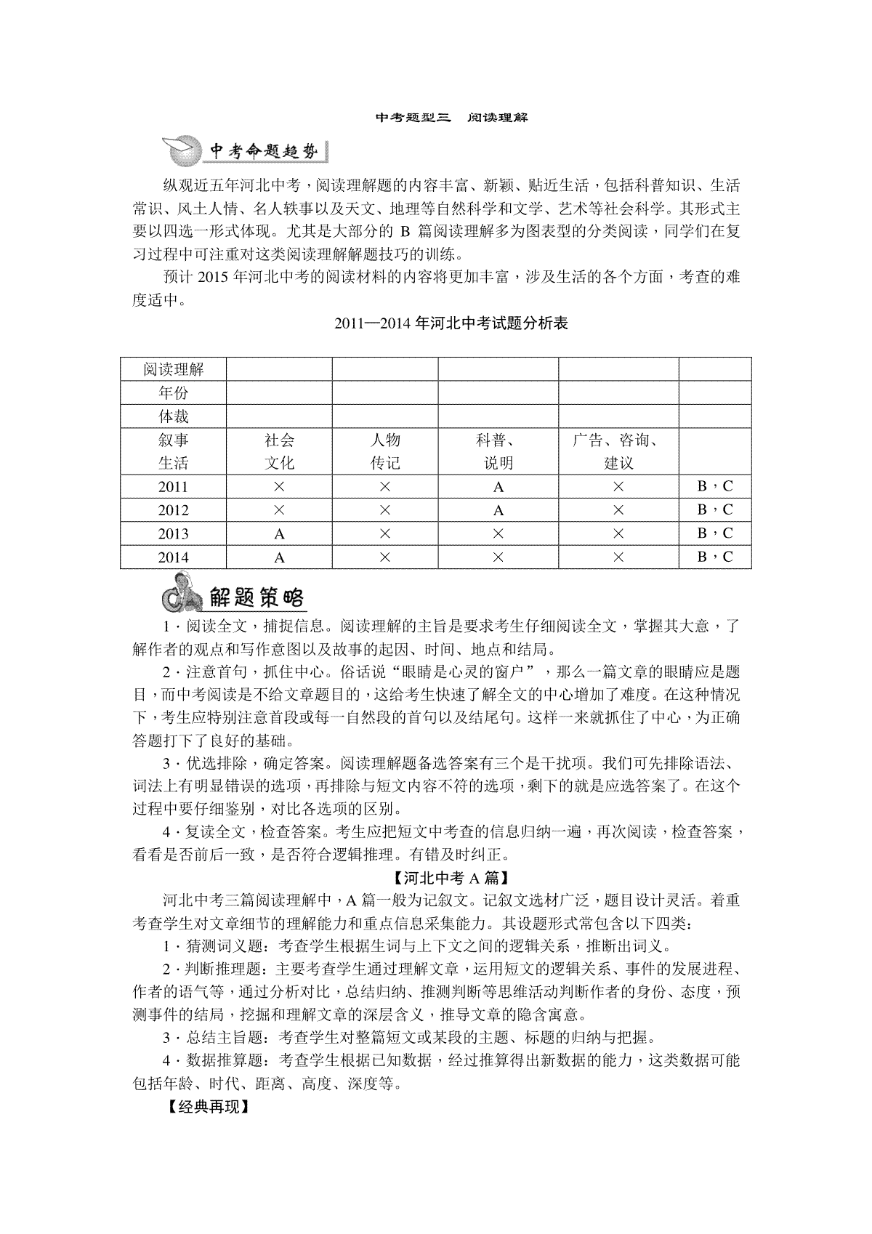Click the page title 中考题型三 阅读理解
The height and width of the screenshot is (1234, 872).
click(451, 117)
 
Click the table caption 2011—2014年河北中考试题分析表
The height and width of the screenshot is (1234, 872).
click(451, 324)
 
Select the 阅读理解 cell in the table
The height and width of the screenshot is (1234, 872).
click(173, 369)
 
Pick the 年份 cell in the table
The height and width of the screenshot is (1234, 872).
click(173, 393)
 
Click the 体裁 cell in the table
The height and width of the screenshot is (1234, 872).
click(173, 416)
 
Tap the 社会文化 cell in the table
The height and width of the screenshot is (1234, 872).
click(279, 451)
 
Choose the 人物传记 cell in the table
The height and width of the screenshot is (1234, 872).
click(385, 451)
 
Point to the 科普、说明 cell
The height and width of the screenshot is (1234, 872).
click(498, 451)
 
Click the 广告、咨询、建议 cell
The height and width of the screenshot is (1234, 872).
click(618, 451)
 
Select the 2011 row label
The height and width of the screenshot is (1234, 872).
click(173, 487)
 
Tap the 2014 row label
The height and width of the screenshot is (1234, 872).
click(173, 557)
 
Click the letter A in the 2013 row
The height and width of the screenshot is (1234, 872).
click(279, 534)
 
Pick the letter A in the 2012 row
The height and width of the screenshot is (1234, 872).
click(498, 510)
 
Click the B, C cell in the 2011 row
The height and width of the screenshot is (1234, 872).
click(715, 487)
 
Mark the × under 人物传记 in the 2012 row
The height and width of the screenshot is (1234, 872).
click(385, 510)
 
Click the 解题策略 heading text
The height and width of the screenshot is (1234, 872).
click(256, 597)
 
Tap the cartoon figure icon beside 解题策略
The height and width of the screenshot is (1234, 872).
click(180, 594)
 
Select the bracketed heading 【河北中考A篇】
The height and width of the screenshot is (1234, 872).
click(451, 878)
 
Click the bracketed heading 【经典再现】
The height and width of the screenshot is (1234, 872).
click(207, 1108)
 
